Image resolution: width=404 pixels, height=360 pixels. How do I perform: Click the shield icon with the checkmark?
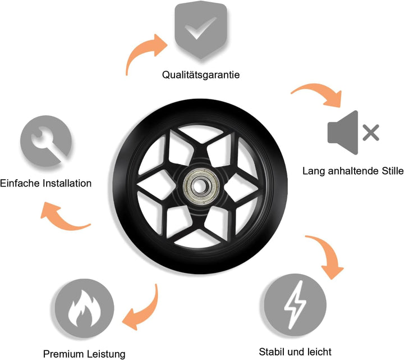(x=201, y=30)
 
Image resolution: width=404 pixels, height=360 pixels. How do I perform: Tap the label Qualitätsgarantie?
(x=201, y=75)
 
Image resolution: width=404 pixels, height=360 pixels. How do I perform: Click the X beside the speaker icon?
(x=371, y=133)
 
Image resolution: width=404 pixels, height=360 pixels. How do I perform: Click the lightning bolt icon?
(x=295, y=304)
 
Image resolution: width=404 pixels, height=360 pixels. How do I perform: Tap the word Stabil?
(x=272, y=352)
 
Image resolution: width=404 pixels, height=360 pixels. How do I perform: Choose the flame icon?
(x=84, y=308)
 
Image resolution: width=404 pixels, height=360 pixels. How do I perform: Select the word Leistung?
(x=105, y=354)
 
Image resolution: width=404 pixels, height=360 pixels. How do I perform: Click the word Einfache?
(x=20, y=183)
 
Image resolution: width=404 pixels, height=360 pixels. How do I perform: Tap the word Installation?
(x=67, y=183)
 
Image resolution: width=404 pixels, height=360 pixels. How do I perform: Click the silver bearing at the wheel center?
(x=201, y=186)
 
